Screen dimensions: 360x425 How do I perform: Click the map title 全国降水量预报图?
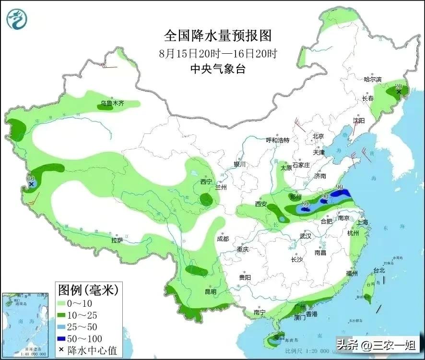(x=218, y=36)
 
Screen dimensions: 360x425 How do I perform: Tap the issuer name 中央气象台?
(x=218, y=69)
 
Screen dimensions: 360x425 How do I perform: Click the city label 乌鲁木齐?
(x=112, y=103)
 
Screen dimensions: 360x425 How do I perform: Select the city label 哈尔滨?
(x=372, y=79)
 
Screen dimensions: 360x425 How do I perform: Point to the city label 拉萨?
(x=118, y=240)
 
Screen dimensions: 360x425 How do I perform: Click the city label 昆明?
(x=210, y=291)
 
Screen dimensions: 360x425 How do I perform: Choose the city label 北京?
(x=319, y=136)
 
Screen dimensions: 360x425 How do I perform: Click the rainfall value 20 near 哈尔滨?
(x=398, y=86)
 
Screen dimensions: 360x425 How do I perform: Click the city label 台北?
(x=379, y=270)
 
